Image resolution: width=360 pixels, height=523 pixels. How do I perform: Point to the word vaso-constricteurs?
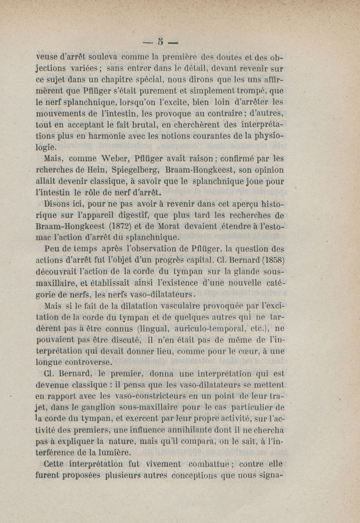[x=142, y=397]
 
